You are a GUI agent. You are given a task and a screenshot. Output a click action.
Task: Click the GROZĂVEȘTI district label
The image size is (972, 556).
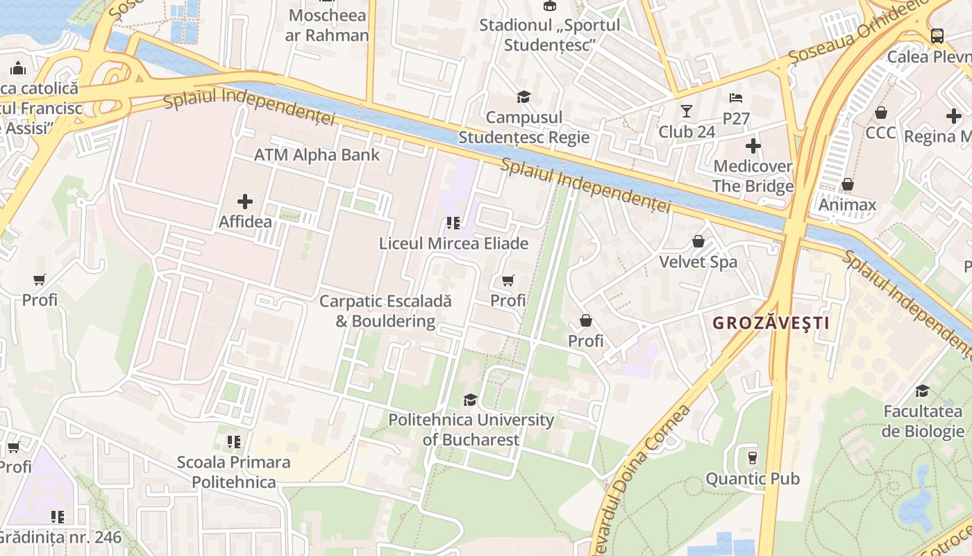point(771,323)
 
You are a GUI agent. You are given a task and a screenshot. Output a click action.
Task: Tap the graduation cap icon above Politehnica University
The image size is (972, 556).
point(470,400)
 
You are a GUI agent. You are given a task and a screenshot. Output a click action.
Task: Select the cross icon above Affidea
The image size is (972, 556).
point(244,202)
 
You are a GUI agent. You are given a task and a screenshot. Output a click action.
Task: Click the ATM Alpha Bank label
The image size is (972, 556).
point(317,155)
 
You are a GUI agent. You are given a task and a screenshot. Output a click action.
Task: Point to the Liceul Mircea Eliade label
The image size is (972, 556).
point(453,243)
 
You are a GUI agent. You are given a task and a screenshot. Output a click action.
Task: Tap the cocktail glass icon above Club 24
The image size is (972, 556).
point(687,111)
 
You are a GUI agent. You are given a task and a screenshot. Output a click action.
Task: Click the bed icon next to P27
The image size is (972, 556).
point(736,98)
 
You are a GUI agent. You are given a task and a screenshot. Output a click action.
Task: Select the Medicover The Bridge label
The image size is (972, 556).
point(753,177)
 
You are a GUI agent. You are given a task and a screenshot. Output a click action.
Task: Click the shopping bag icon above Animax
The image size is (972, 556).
point(847,184)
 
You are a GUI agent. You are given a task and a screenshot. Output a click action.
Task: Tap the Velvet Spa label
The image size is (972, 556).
point(698,262)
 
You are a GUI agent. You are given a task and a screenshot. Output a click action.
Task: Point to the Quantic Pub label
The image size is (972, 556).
point(753,479)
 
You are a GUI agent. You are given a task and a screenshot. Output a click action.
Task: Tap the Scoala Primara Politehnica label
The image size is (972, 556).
point(234,472)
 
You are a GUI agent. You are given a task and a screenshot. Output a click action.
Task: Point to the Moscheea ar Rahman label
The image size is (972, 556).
point(327,25)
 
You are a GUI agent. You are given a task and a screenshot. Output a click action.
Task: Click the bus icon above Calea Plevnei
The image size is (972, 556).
point(937,35)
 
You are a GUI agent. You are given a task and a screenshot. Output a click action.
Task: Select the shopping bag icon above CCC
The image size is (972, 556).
point(880,112)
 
